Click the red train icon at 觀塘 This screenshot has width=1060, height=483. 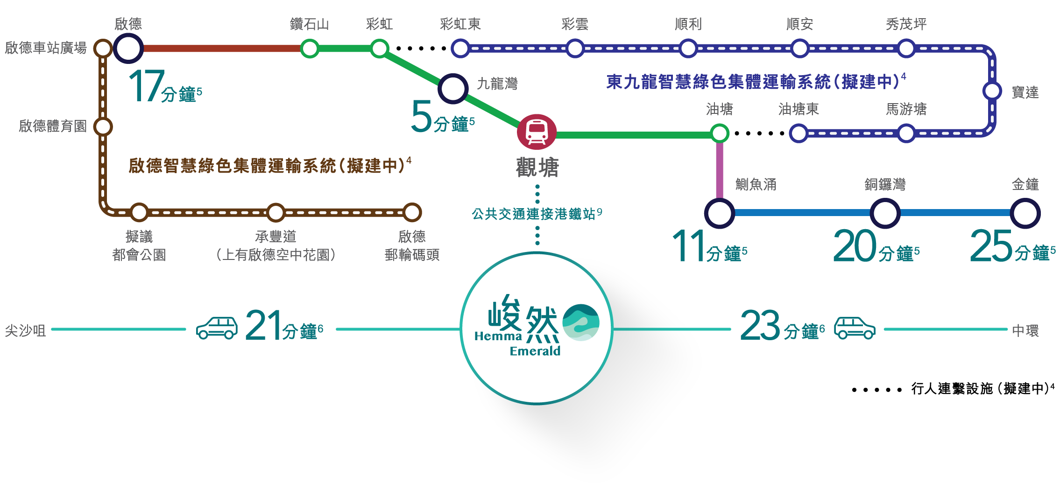coord(537,132)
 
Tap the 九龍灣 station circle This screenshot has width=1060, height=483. coord(452,88)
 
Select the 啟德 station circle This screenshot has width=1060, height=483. coord(128,48)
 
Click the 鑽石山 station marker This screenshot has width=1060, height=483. coord(310,48)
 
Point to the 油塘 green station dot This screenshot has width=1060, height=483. coord(720,133)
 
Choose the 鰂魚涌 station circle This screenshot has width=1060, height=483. coord(720,213)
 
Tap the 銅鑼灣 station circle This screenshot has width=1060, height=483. coord(885,213)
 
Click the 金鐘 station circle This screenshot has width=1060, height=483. coord(1025,213)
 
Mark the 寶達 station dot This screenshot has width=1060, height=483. coord(992,91)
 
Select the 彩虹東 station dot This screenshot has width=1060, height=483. coord(460,48)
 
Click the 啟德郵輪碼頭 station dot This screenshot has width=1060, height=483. coord(412,212)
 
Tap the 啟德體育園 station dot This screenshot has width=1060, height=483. coord(103,126)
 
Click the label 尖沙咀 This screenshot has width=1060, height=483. coord(25,330)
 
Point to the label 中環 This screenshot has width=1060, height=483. coord(1025,330)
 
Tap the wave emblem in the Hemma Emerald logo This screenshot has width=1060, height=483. coord(581,322)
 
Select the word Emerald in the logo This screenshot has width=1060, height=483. coord(535,351)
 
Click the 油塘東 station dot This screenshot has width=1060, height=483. coord(799,133)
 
